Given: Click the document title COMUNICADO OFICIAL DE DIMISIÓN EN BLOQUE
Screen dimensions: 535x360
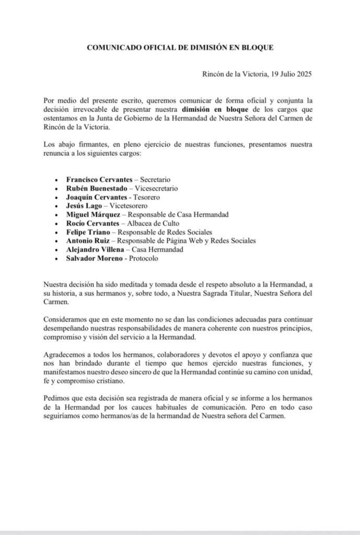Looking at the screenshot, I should [180, 47].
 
